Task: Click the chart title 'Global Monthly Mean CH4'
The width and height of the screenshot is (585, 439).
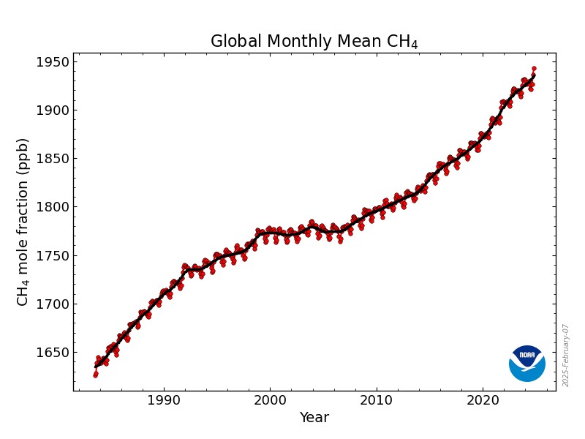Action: pos(314,42)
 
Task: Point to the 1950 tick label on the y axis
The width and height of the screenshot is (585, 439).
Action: pos(53,62)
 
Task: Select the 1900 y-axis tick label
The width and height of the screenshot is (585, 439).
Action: pos(53,110)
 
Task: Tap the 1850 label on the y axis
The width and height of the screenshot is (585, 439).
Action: pos(53,159)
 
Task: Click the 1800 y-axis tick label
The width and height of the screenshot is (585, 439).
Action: pos(53,207)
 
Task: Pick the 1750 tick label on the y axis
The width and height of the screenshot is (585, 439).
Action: pos(53,256)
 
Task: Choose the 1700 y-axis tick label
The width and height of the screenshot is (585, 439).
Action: pos(53,304)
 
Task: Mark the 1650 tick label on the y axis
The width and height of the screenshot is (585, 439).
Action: pos(53,353)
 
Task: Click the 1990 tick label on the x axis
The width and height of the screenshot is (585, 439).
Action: pos(163,400)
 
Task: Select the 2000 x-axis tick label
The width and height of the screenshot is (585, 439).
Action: pos(270,400)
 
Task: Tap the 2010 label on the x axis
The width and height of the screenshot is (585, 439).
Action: pos(377,400)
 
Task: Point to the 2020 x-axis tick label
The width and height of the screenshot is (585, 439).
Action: pos(483,400)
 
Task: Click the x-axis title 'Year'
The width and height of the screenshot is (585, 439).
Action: pos(314,418)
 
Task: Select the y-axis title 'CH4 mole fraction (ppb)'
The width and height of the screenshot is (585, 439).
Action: pos(23,222)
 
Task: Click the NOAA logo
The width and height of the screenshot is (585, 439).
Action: pos(527,363)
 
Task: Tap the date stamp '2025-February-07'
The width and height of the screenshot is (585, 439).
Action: pos(566,356)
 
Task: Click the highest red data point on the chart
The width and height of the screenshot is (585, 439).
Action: pos(534,69)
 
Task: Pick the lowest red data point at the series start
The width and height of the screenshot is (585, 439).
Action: pos(95,375)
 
